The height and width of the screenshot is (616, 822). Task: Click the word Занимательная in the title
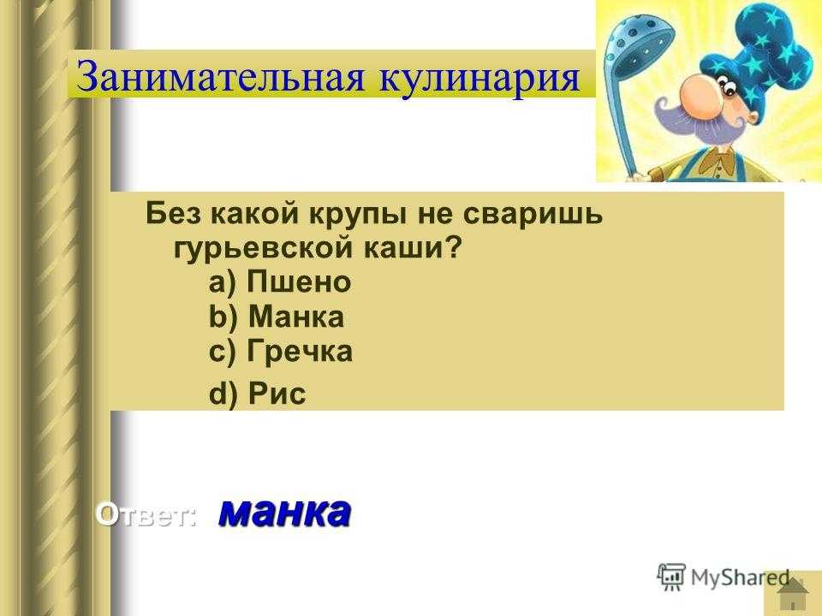click(221, 77)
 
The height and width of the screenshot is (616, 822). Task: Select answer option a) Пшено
click(280, 281)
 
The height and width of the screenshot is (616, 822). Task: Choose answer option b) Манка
click(277, 317)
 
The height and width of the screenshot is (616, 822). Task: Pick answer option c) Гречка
click(281, 351)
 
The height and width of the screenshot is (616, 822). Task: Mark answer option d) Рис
click(258, 393)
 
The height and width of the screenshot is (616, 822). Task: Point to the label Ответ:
click(146, 514)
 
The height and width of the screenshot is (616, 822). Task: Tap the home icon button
click(793, 594)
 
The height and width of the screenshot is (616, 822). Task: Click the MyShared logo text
click(740, 577)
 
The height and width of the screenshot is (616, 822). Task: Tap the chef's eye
click(725, 86)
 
